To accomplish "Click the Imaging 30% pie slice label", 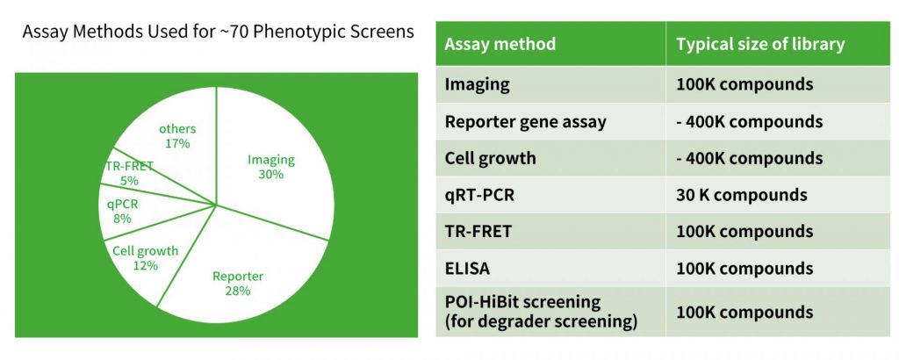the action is coord(270,167).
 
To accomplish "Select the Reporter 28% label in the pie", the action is coord(238,284).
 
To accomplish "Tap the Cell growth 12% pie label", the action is coord(145,258).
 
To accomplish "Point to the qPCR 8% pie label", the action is coord(122,211).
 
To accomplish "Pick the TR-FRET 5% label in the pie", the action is coord(130,173).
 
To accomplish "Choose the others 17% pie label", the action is coord(177,136).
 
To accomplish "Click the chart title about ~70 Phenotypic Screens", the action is coord(218,31).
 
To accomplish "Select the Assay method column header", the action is coord(500,44).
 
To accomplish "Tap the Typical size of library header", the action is coord(760,44).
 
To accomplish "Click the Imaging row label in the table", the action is coord(477,85).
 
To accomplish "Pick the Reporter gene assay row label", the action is coord(525,122).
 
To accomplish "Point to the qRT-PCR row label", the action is coord(479,195).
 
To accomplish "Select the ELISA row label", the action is coord(467,269).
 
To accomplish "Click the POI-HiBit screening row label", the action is coord(541,312).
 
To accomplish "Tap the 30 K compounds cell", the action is coord(741,195).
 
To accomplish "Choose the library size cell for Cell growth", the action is coord(750,158).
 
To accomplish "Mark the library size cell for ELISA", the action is coord(744,269).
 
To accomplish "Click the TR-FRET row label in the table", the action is coord(478,232).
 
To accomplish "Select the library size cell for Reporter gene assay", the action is coord(750,122).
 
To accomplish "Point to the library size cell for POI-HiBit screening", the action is coord(744,313).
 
